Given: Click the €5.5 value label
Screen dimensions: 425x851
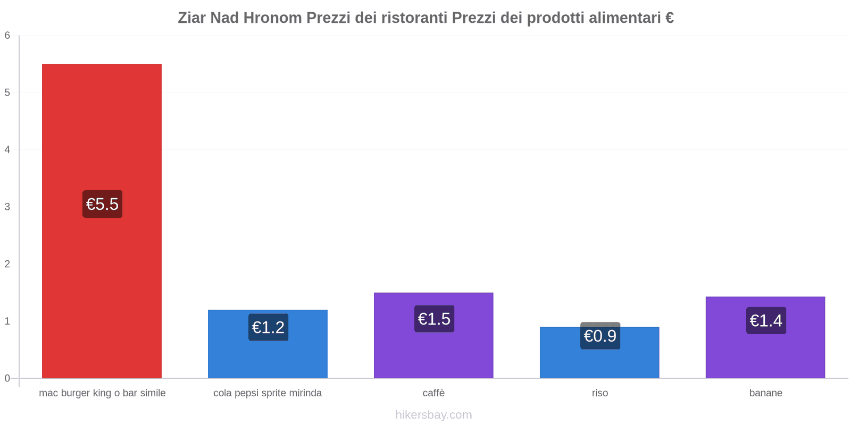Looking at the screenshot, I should pyautogui.click(x=102, y=204).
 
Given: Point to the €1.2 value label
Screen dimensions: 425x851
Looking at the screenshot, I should pyautogui.click(x=268, y=327).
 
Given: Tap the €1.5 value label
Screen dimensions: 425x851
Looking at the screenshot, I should pyautogui.click(x=434, y=319).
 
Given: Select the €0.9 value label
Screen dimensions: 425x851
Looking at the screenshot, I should pyautogui.click(x=600, y=336).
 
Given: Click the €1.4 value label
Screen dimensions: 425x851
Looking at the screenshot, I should pyautogui.click(x=766, y=320).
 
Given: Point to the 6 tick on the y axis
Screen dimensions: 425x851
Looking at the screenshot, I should pyautogui.click(x=7, y=36).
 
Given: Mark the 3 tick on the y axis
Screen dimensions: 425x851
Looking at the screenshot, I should pyautogui.click(x=7, y=207).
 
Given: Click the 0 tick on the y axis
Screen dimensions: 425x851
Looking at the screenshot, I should pyautogui.click(x=7, y=378).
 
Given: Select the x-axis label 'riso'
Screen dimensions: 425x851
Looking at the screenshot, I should pyautogui.click(x=600, y=393).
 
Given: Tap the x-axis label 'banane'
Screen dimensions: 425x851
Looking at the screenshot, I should pyautogui.click(x=766, y=393).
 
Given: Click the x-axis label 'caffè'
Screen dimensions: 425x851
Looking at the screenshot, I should pyautogui.click(x=433, y=393).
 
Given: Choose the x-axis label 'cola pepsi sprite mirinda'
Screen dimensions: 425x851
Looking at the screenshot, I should pyautogui.click(x=268, y=393).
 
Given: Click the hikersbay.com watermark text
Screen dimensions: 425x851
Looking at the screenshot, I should pyautogui.click(x=433, y=415).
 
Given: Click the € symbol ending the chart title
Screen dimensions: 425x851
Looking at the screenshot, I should pyautogui.click(x=670, y=18).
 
